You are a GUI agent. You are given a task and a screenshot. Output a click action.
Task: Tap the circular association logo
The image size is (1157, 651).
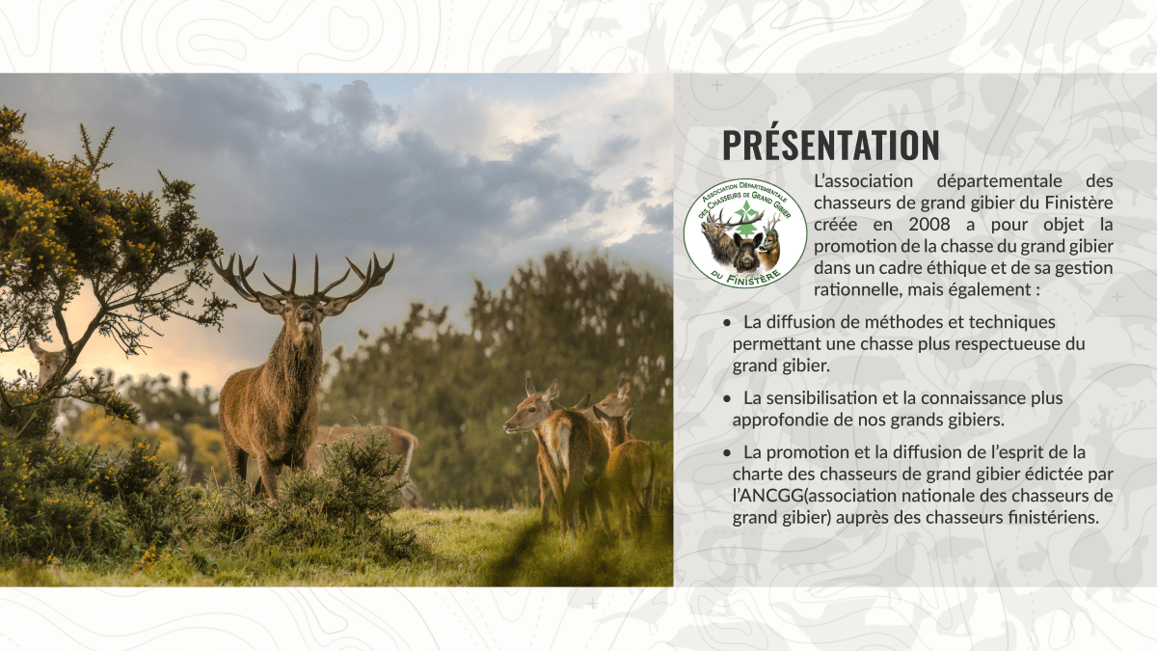[745, 233]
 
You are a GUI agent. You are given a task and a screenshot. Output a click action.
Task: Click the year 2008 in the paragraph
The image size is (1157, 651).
[929, 224]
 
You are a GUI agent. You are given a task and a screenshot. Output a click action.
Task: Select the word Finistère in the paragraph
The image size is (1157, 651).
[1079, 203]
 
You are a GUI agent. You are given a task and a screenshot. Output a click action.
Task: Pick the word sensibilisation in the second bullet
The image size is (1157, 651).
[817, 397]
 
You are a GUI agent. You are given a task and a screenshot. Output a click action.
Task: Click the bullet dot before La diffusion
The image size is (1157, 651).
[727, 323]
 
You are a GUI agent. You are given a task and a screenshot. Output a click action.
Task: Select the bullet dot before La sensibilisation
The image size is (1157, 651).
[727, 399]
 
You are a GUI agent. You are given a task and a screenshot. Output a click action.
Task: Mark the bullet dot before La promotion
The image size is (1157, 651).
[727, 453]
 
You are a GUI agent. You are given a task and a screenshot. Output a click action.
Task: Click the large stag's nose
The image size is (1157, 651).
[306, 313]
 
